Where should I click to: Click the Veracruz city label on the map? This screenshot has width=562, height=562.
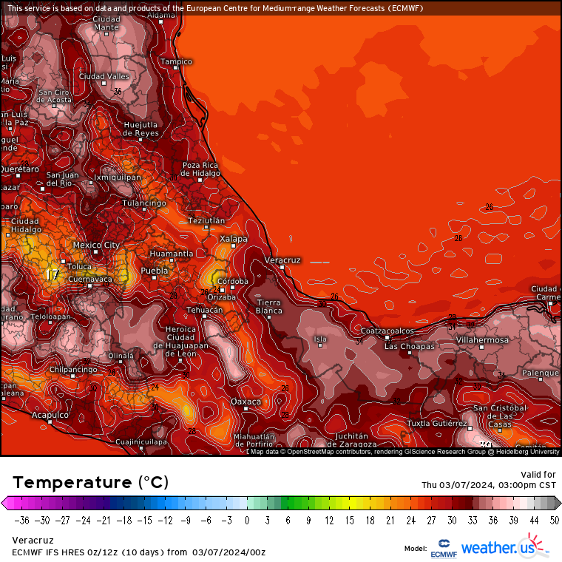point(282,260)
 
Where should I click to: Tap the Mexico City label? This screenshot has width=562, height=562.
point(96,245)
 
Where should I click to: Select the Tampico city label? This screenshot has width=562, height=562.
point(177,61)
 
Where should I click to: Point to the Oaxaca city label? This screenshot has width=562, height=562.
point(246,402)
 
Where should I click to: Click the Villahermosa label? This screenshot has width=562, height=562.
point(482,339)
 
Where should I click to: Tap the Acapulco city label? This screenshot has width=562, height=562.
point(50,415)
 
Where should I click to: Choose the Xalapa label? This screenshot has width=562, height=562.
point(234,239)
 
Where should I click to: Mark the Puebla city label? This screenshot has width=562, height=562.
point(155,271)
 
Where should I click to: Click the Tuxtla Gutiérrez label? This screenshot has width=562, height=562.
point(437,424)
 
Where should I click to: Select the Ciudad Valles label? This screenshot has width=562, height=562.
point(104,76)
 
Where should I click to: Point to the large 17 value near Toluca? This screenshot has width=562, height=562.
point(52,275)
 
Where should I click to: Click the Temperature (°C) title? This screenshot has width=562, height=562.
point(90,482)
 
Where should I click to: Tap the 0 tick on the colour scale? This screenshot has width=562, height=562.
point(246,520)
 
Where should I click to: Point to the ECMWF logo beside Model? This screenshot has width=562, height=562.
point(444,549)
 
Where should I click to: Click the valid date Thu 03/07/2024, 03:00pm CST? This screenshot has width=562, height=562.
point(488,485)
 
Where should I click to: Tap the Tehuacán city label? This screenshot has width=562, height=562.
point(204,310)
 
